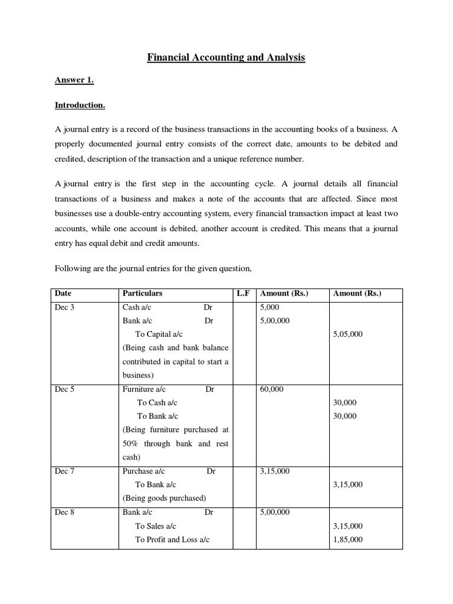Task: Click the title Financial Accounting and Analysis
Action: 226,58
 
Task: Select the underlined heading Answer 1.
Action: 74,81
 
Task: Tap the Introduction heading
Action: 80,106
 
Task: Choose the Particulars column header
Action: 142,293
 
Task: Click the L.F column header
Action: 243,293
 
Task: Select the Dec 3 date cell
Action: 64,307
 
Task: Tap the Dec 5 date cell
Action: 64,389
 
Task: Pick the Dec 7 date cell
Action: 64,471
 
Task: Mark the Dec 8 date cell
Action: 64,513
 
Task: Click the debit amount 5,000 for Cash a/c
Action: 270,307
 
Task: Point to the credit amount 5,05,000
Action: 348,334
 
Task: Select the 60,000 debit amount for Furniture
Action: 272,389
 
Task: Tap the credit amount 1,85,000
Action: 348,540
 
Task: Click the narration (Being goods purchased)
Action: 164,498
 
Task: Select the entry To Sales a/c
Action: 156,526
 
